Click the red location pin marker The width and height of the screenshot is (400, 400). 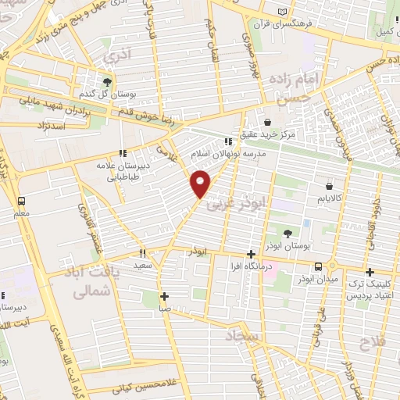coord(201,184)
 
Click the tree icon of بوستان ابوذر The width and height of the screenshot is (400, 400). coord(287,233)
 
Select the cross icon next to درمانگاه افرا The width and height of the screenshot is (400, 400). coord(251,254)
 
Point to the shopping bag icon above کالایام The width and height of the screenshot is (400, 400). coord(329,186)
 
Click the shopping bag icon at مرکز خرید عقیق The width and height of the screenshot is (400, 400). coord(268,122)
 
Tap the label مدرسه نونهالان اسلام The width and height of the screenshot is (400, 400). coord(228,155)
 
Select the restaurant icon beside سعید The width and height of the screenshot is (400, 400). coord(142,253)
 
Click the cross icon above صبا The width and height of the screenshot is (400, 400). coord(164,297)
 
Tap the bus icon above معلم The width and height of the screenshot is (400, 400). coord(20,199)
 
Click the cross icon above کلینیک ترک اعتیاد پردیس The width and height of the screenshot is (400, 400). coord(370,271)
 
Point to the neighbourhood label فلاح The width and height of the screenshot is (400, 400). coord(373,342)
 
